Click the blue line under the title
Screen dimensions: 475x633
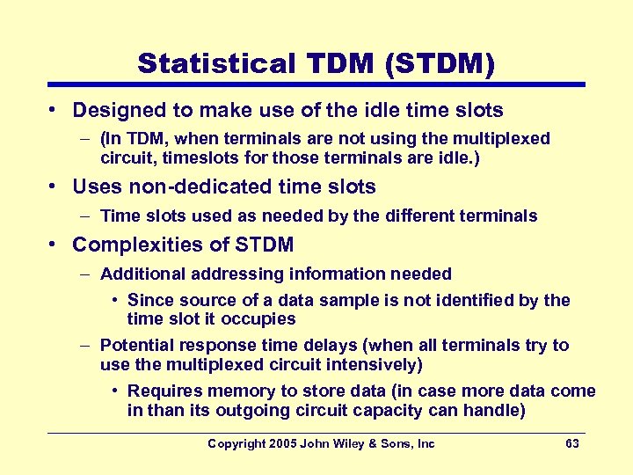pos(316,84)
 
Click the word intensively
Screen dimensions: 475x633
pos(371,363)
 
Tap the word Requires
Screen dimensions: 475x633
pos(164,391)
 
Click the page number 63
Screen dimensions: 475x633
pos(572,444)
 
